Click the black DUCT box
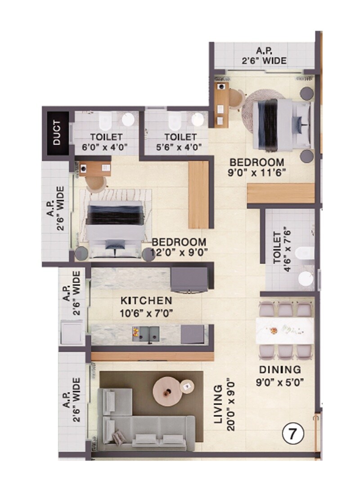click(x=57, y=134)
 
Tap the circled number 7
click(x=293, y=434)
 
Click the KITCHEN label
click(x=146, y=301)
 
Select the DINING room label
click(x=280, y=370)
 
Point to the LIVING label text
click(x=218, y=405)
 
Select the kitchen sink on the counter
click(x=149, y=334)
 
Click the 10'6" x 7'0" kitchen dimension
click(x=146, y=311)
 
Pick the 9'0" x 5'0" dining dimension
click(x=280, y=383)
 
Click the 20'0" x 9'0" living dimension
click(x=231, y=405)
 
